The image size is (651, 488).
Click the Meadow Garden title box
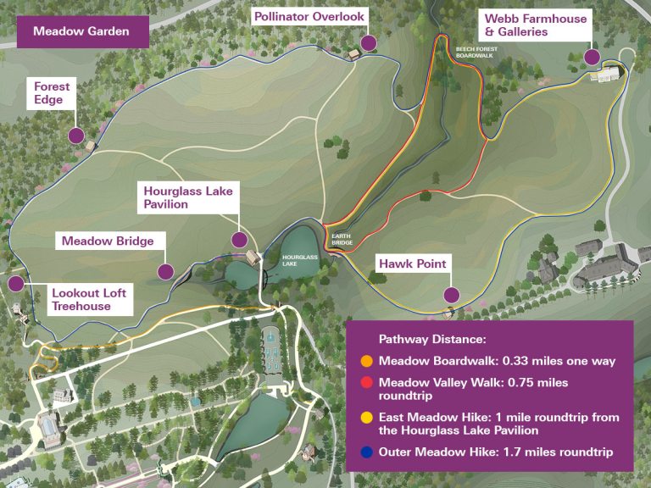pos(81,32)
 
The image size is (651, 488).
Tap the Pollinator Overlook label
pos(308,17)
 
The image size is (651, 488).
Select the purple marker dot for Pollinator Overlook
pos(368,43)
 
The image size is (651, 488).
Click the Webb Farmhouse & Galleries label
pos(534,25)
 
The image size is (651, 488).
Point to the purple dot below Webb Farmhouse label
pos(592,57)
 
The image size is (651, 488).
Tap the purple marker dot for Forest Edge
pos(75,135)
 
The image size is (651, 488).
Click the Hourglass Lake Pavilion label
pos(188,197)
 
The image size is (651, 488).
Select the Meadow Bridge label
pos(107,241)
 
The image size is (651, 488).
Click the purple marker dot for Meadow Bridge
pos(165,272)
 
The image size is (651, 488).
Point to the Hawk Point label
pos(412,264)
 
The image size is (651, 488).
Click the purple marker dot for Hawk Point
pos(451,295)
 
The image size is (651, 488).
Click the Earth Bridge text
pos(342,241)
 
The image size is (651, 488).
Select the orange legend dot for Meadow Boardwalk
pos(366,361)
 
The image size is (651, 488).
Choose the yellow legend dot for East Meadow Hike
pos(366,418)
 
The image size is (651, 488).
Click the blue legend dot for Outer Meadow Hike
pos(366,452)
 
